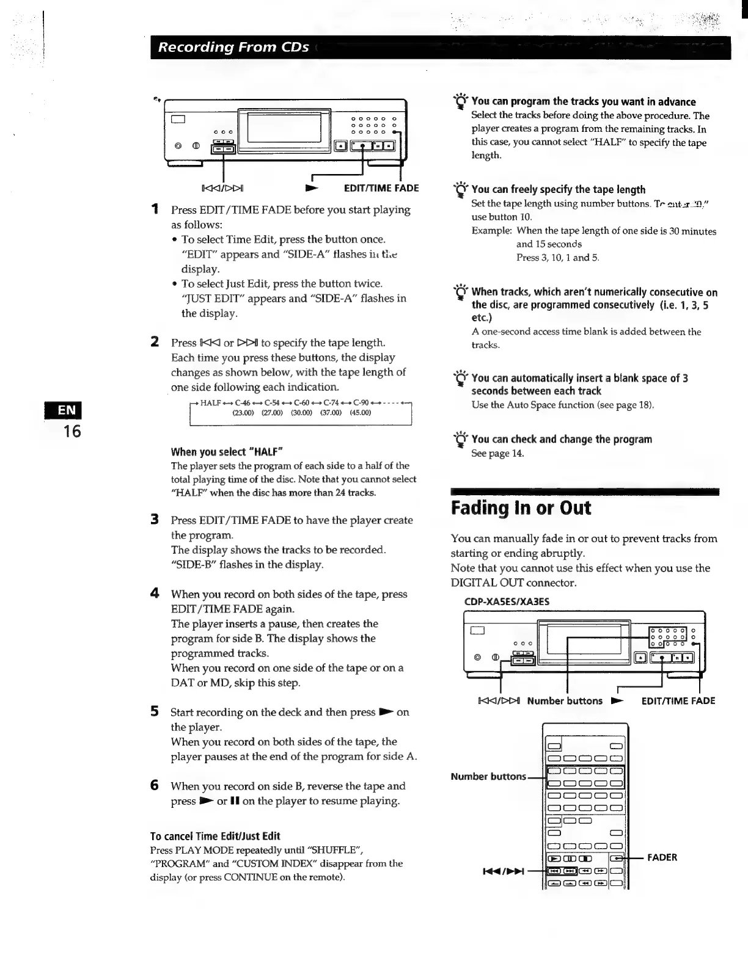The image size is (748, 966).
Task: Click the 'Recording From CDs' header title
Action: coord(233,47)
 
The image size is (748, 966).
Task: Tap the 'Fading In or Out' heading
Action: coord(521,508)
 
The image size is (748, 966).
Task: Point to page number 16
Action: coord(71,432)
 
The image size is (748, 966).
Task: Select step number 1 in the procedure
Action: coord(155,209)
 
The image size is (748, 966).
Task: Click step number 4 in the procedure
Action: coord(155,594)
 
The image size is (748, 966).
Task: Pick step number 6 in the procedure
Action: coord(155,785)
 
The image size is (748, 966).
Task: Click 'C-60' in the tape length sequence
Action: coord(302,403)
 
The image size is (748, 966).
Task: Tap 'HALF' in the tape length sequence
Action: coord(210,403)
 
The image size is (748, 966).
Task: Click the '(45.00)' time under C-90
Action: coord(361,413)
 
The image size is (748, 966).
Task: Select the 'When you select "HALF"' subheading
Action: coord(227,452)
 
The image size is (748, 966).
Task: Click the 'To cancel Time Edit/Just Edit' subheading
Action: coord(215,836)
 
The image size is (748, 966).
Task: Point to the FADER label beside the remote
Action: coord(662,857)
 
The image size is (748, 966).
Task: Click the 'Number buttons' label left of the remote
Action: coord(488,777)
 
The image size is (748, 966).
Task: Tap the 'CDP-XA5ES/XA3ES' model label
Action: coord(507,601)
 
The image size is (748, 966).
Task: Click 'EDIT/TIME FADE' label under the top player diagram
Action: coord(381,188)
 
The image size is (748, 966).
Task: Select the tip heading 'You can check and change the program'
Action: coord(562,439)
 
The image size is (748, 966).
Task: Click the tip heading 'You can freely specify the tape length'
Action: coord(558,189)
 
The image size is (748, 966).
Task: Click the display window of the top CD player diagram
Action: coord(284,128)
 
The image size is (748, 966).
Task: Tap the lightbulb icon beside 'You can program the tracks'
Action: coord(461,101)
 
